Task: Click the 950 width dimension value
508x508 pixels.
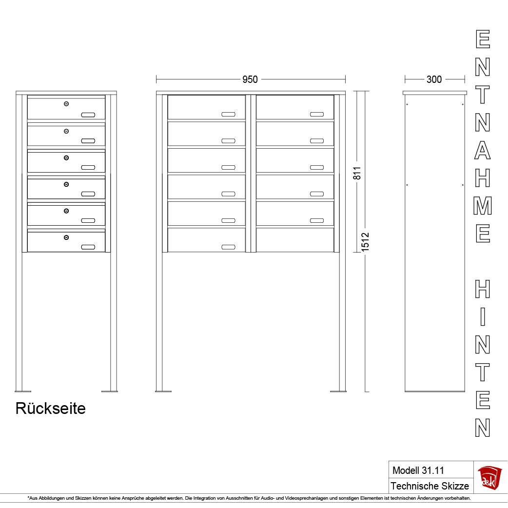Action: coord(250,79)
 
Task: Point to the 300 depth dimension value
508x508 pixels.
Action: coord(434,79)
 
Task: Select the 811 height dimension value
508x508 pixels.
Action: coord(357,174)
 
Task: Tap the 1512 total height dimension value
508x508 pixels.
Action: coord(365,242)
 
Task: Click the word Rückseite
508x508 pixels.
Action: coord(51,408)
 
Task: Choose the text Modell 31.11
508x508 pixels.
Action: coord(418,470)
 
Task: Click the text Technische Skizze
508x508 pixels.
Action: coord(430,486)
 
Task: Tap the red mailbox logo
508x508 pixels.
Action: coord(489,477)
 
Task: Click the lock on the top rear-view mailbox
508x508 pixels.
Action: coord(66,104)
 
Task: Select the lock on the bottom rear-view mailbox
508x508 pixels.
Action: coord(66,237)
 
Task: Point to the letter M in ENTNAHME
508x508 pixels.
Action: coord(483,206)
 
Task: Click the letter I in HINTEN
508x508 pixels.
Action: coord(483,317)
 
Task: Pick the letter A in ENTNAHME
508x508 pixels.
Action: coord(483,150)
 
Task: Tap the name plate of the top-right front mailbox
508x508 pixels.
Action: coord(317,115)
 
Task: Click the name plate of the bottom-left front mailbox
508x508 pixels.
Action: coord(229,247)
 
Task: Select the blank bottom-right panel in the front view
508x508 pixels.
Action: coord(295,240)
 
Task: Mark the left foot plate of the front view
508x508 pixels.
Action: coord(163,391)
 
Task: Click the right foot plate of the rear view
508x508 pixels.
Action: coord(110,391)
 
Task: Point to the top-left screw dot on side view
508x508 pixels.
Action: coord(407,104)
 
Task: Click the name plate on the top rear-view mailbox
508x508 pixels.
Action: coord(88,115)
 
